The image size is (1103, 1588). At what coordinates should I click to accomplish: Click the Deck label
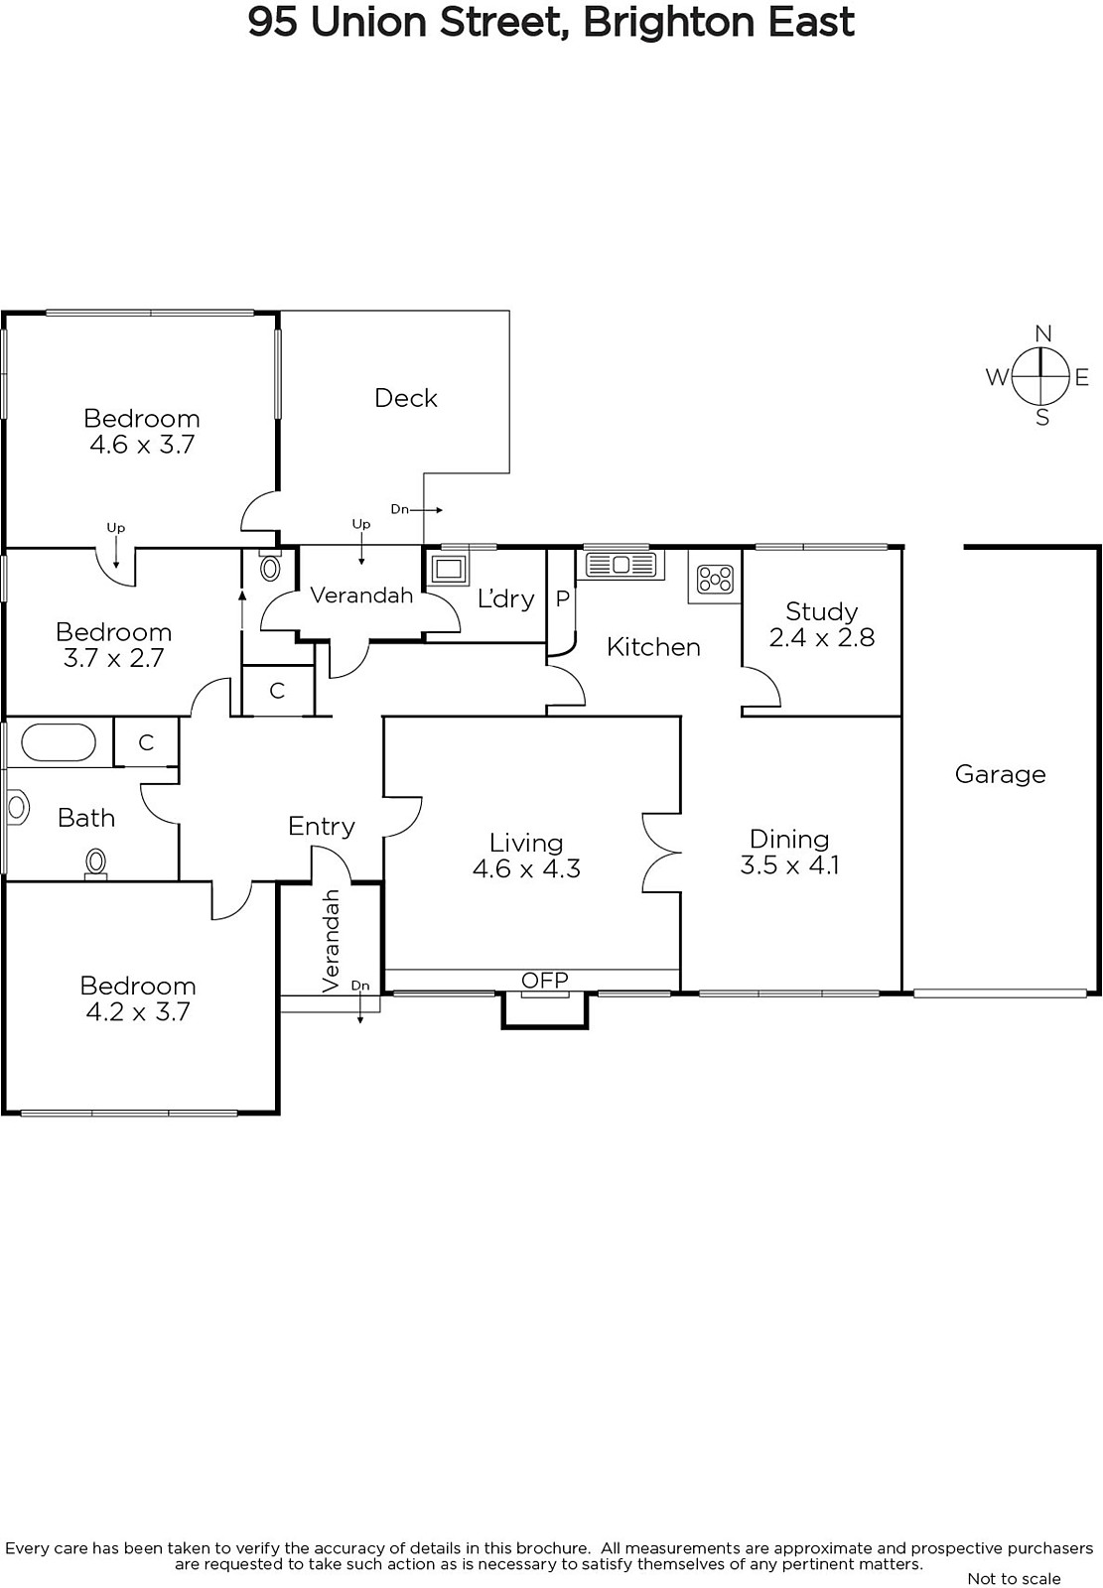click(x=406, y=398)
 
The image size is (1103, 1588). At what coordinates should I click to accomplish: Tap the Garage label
click(x=1000, y=774)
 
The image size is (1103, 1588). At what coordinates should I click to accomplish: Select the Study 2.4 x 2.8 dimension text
click(x=821, y=637)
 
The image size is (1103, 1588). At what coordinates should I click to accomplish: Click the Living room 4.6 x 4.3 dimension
click(x=526, y=868)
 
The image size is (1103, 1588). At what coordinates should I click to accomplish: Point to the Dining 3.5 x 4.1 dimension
click(x=789, y=864)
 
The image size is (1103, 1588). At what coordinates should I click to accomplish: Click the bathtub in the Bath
click(x=59, y=743)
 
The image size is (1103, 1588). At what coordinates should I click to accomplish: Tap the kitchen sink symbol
click(x=620, y=565)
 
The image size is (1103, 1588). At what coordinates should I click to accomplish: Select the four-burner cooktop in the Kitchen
click(x=714, y=579)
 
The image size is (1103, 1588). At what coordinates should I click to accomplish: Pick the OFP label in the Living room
click(x=545, y=980)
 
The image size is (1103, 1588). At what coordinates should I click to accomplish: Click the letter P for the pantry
click(x=563, y=599)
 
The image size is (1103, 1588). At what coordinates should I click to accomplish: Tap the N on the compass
click(x=1042, y=333)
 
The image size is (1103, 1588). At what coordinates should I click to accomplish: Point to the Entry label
click(x=322, y=827)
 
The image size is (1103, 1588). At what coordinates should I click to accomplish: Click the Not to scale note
click(x=1015, y=1578)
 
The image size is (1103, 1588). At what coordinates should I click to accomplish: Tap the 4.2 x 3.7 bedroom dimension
click(x=138, y=1011)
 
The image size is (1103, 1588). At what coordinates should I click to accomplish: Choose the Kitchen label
click(x=653, y=647)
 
